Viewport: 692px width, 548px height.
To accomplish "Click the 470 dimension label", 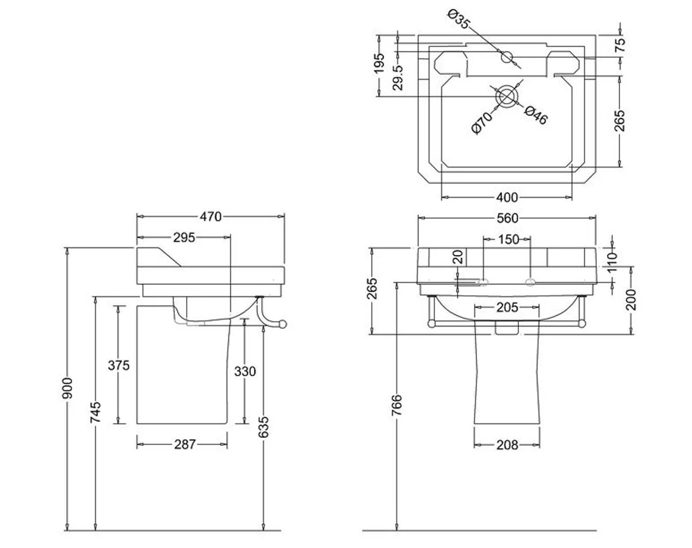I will point(210,217).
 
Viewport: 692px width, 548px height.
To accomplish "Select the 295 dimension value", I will point(184,237).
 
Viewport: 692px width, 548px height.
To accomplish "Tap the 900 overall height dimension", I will point(69,389).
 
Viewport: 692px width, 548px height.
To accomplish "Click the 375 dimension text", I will point(119,365).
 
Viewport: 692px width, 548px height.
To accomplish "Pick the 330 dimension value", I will point(245,372).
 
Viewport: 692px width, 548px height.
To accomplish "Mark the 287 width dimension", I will point(185,444).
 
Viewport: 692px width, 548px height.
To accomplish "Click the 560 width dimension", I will point(507,218).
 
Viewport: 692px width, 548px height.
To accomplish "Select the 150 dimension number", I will point(508,239).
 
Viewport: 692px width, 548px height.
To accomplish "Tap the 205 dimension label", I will point(507,308).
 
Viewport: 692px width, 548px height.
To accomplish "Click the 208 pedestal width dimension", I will point(507,445).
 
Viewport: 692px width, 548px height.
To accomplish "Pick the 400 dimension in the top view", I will point(507,198).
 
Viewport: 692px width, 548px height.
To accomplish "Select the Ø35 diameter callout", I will point(459,19).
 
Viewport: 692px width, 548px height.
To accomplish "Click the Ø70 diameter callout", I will point(482,123).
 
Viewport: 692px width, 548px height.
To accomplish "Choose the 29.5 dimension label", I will point(397,77).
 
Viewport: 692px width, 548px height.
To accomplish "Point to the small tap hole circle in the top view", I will point(507,57).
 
